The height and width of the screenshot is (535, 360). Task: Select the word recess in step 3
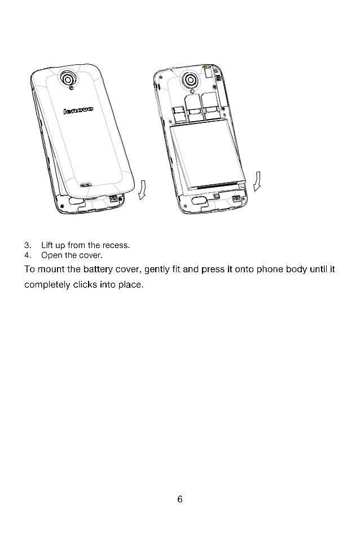117,245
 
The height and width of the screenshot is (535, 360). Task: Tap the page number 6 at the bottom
180,499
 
